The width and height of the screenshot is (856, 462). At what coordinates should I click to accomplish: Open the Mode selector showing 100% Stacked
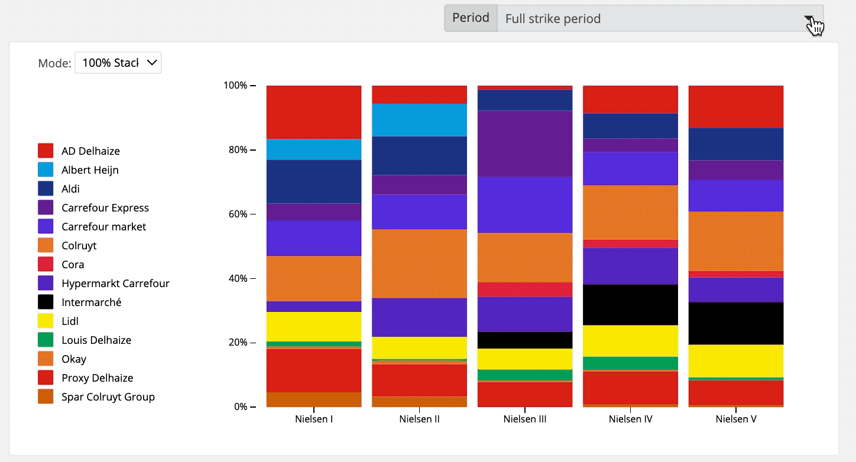click(x=118, y=63)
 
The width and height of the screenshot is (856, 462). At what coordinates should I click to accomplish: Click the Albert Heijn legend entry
click(x=90, y=170)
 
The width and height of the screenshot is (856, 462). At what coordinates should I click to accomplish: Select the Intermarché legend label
click(x=91, y=302)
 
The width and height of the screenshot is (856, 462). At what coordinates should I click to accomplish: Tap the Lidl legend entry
click(x=70, y=321)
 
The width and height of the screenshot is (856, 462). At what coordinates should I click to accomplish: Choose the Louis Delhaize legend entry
click(x=96, y=340)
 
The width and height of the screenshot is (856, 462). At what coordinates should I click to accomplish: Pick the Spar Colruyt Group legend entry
click(x=108, y=397)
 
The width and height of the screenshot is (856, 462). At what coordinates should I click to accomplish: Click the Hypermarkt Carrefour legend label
click(x=115, y=284)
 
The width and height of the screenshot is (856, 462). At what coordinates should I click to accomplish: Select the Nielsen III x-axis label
click(x=525, y=419)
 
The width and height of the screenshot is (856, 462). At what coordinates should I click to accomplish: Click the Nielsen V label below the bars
click(x=736, y=419)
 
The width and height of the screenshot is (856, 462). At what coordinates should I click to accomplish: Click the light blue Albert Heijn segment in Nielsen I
click(x=314, y=149)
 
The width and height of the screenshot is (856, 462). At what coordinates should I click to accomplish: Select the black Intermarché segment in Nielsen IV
click(x=631, y=305)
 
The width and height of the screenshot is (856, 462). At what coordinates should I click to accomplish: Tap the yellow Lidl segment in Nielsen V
click(x=736, y=360)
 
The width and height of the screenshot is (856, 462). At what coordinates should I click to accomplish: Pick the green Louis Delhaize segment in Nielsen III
click(x=525, y=375)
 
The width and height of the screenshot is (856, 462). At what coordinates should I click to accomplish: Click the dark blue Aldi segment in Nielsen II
click(x=419, y=155)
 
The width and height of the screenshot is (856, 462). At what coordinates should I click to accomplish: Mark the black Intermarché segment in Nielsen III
click(x=525, y=340)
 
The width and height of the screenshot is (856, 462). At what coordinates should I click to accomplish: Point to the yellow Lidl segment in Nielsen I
click(x=314, y=326)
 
